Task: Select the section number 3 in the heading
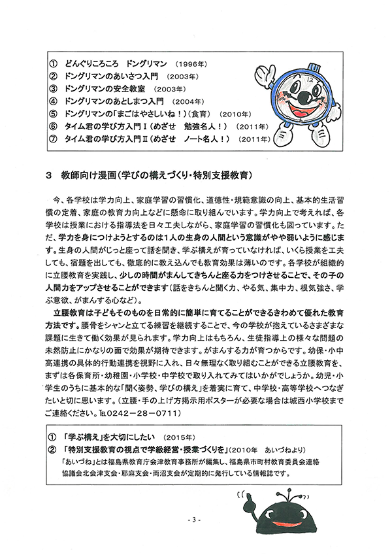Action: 48,176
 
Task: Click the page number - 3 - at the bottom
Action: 194,521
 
